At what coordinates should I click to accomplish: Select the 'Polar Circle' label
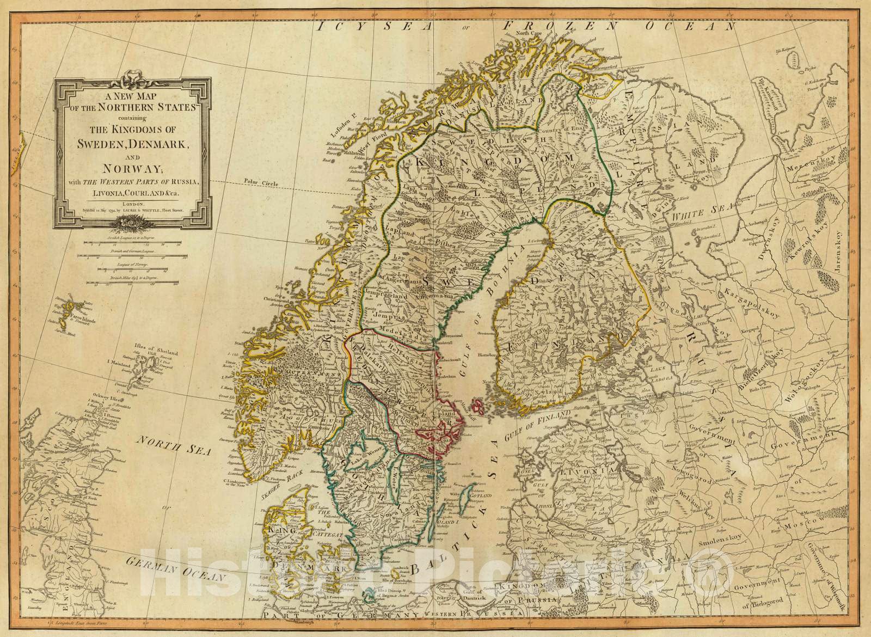261,183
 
